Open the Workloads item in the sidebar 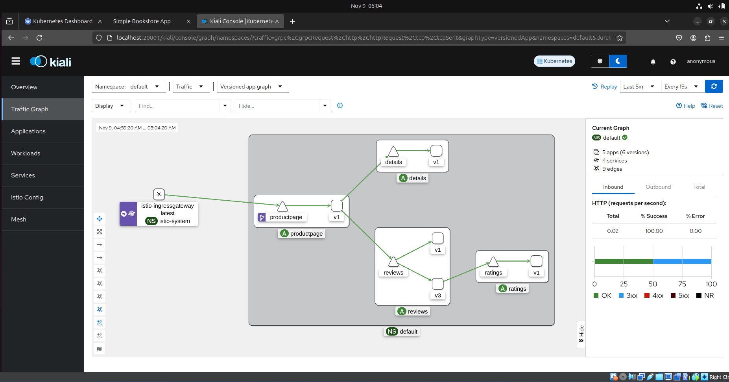coord(26,153)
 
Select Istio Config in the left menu coord(27,197)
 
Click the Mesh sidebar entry coord(18,220)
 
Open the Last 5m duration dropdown coord(639,87)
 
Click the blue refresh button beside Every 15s coord(714,87)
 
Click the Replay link coord(604,87)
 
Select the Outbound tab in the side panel coord(658,187)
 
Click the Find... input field coord(177,106)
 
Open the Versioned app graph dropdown coord(251,87)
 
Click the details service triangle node coord(393,151)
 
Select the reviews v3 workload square coord(437,284)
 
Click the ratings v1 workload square coord(536,261)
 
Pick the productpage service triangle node coord(282,206)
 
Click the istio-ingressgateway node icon coord(159,194)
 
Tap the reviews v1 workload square coord(437,238)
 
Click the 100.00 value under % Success coord(654,231)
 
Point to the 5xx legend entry coord(680,295)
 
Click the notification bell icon coord(653,61)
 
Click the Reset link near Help coord(712,106)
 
